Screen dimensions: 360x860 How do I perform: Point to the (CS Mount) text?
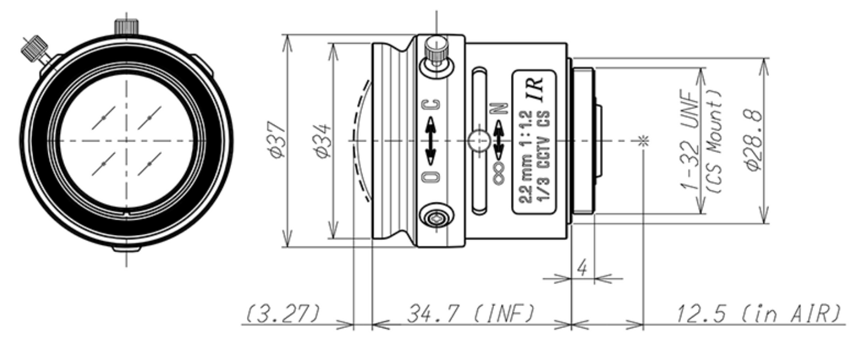pos(716,141)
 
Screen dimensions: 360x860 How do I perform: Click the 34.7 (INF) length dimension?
pos(470,314)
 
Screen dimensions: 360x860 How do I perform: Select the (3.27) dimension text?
pos(284,314)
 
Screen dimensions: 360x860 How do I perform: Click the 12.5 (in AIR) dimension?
pos(759,314)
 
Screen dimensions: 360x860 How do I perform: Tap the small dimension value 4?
pos(583,268)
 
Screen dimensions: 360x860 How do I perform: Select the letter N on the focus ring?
pos(499,107)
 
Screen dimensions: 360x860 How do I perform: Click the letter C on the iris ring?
pos(433,107)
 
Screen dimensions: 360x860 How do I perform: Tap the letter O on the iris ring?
pos(433,176)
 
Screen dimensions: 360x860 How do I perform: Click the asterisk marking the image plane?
pos(643,141)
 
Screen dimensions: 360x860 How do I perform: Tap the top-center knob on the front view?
pos(126,26)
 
